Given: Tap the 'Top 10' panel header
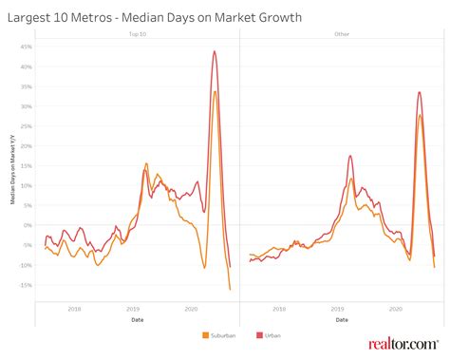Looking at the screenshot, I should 137,34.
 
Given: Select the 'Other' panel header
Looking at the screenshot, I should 342,34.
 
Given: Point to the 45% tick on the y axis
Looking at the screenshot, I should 27,46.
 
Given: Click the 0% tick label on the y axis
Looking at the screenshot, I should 28,225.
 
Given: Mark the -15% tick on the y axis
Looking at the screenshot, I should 26,285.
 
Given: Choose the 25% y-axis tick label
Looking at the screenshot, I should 27,125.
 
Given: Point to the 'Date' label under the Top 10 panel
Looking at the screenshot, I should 137,319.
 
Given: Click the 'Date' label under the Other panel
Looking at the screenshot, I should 342,319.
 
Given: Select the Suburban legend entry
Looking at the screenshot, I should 220,335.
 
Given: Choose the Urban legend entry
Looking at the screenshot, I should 267,335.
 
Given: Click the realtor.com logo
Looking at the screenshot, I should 403,343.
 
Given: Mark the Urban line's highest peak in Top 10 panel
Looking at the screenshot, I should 215,51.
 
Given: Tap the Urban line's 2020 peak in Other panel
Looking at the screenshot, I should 420,92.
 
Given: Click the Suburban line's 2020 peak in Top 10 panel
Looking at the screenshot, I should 216,91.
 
